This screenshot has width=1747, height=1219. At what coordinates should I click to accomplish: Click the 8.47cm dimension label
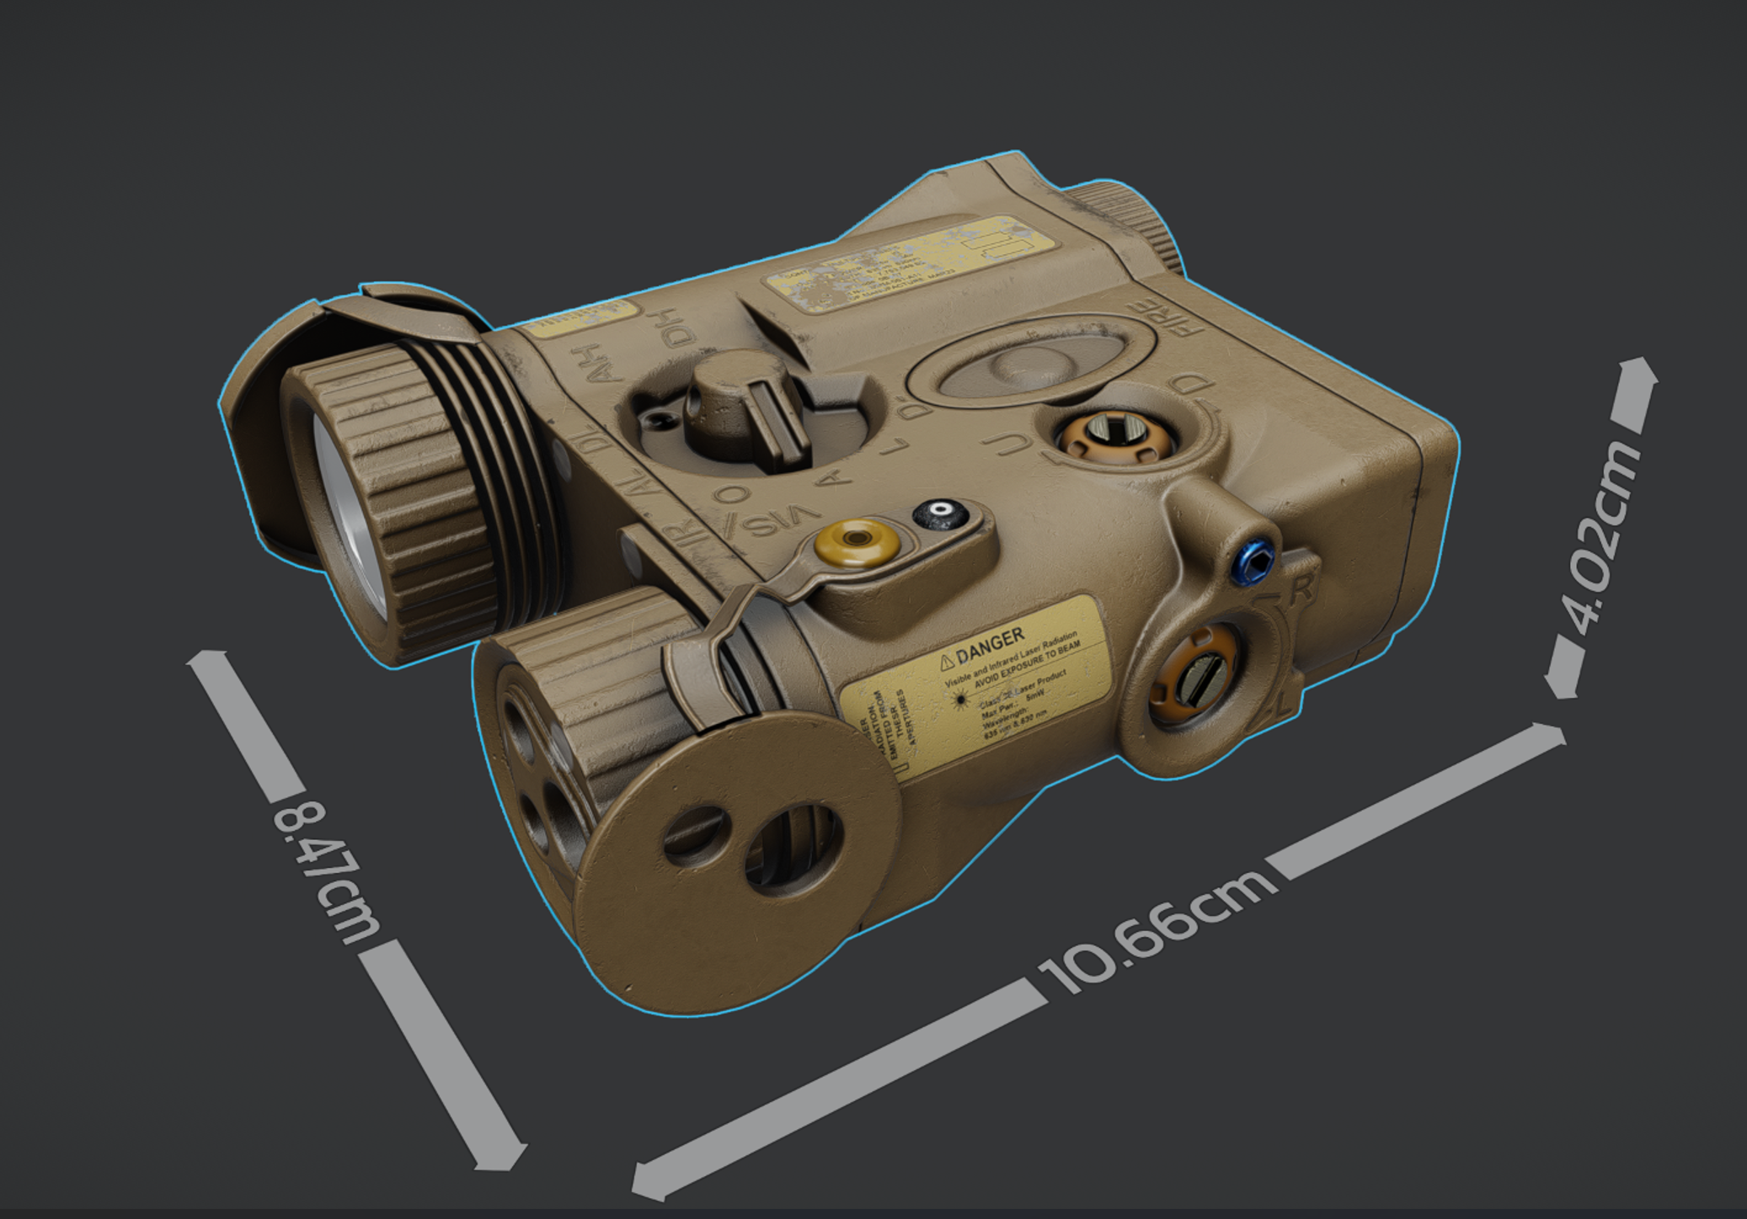(324, 871)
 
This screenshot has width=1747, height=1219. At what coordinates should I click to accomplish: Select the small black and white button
(939, 513)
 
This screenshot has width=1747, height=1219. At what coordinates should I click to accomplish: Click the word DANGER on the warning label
(991, 644)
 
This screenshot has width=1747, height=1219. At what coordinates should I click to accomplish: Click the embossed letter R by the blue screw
(1301, 589)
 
